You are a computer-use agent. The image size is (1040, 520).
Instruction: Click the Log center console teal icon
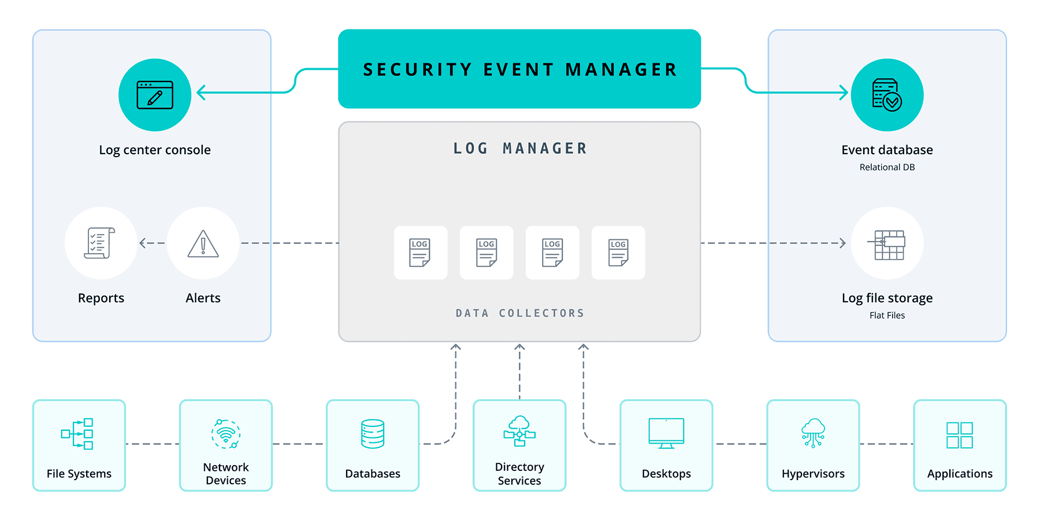point(155,95)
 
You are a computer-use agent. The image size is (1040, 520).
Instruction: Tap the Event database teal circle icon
point(887,95)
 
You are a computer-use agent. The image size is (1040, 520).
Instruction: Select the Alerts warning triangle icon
point(203,243)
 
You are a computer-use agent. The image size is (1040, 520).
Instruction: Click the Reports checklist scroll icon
point(101,243)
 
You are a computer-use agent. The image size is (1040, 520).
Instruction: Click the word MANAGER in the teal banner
point(621,70)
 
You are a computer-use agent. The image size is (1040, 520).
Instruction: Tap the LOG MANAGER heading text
point(519,148)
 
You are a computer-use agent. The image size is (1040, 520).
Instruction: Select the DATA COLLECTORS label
point(519,313)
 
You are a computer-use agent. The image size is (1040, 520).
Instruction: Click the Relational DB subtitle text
point(887,168)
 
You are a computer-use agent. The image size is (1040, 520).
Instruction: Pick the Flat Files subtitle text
point(887,315)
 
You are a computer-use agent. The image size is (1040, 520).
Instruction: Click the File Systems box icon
point(77,434)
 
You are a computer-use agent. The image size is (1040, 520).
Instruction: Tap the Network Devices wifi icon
point(226,434)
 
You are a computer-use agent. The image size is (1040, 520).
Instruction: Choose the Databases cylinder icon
point(373,434)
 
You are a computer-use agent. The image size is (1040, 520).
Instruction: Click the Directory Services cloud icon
point(519,431)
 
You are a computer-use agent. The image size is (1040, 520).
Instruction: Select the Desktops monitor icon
point(666,433)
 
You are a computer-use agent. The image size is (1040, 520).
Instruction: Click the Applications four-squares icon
point(960,435)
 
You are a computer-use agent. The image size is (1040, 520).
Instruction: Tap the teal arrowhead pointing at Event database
point(844,92)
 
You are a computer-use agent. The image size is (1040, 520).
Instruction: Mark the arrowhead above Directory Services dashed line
point(519,347)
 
